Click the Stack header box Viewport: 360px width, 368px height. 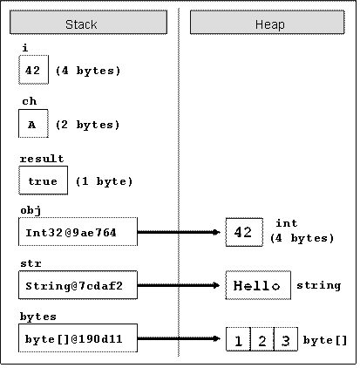coord(88,23)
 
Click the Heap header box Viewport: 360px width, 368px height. coord(268,23)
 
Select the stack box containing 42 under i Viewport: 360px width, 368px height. coord(33,70)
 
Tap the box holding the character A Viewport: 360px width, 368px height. coord(33,124)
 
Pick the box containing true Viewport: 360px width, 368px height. coord(43,181)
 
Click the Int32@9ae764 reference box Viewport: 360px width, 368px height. coord(78,232)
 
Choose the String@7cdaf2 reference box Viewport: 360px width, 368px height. coord(78,285)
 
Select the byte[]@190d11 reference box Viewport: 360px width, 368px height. coord(78,338)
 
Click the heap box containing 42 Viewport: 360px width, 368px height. coord(244,232)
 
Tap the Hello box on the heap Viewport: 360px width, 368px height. coord(258,285)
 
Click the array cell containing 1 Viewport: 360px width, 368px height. coord(238,339)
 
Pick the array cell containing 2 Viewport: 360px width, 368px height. coord(262,339)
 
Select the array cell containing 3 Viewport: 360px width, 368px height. coord(286,339)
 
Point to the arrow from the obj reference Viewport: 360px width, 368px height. coord(179,232)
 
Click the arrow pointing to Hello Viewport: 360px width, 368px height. coord(179,285)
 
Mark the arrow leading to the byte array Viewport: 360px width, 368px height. coord(179,338)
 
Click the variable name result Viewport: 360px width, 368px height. coord(42,159)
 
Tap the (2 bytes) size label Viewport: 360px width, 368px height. coord(87,125)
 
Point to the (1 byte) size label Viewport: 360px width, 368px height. coord(104,181)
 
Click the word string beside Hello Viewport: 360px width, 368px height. coord(319,285)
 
